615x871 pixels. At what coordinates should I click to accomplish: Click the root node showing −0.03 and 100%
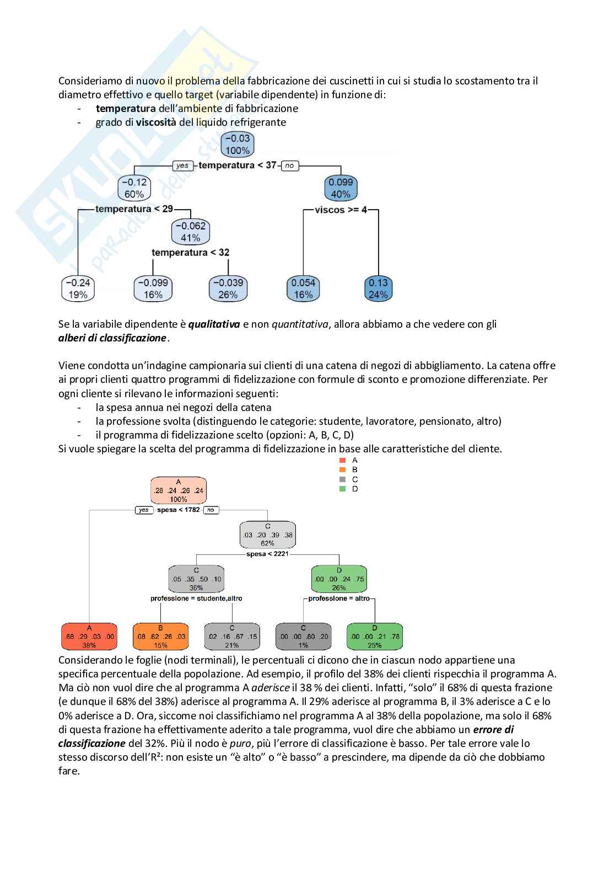237,145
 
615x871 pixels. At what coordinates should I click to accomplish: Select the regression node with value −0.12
134,188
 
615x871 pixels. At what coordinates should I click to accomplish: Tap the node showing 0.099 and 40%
341,188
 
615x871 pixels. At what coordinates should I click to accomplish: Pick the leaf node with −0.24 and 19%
78,288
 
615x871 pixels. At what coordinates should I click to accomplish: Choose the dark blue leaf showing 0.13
378,288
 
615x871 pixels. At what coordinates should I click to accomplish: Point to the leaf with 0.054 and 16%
303,288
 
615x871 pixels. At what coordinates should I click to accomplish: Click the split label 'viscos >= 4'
341,210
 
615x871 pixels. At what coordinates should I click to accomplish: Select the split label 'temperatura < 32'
190,253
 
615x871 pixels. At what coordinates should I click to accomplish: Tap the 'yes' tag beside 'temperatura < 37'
182,165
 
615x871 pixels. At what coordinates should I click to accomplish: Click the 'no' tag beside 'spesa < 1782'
211,510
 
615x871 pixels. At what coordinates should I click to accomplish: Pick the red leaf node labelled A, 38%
89,637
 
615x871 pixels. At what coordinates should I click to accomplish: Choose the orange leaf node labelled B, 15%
160,637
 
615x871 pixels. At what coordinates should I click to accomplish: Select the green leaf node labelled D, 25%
375,637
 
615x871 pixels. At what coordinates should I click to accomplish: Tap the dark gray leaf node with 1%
303,637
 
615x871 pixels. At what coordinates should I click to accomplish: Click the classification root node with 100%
178,490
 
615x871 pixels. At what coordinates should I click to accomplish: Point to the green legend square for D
343,489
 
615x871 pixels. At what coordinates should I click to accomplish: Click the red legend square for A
343,460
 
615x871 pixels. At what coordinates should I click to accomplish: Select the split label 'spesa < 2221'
267,554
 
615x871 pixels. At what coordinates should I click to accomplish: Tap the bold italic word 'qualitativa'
214,324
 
